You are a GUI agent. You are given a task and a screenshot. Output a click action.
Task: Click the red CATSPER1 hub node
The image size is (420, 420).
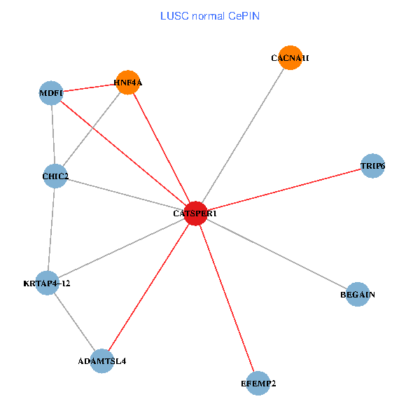click(x=195, y=213)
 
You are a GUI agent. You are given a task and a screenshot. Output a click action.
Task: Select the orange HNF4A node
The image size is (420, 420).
click(x=127, y=83)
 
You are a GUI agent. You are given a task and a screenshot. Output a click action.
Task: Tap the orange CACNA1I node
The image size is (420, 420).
click(x=290, y=58)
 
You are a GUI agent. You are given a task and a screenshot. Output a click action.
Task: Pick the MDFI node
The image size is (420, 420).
click(x=51, y=92)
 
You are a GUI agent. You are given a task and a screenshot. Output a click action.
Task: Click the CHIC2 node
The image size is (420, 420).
click(x=55, y=176)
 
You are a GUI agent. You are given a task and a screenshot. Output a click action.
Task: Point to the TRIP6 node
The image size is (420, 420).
click(x=372, y=166)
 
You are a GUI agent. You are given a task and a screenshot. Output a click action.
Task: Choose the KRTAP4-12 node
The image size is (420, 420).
click(x=47, y=283)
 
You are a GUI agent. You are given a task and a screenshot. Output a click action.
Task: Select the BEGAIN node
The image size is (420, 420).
click(x=357, y=295)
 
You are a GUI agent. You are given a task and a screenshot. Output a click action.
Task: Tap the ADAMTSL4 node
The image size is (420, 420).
click(x=102, y=361)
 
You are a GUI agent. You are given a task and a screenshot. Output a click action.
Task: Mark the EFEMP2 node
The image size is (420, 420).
click(x=258, y=383)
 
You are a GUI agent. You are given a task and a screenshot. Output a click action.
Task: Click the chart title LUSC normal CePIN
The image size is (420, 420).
click(x=210, y=15)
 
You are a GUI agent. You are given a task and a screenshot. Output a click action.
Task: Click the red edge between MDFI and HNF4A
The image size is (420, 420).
click(x=89, y=87)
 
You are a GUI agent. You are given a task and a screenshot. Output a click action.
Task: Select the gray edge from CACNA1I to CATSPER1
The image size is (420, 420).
click(x=243, y=136)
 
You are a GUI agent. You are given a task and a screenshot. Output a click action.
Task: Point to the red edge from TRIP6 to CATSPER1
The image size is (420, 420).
click(x=283, y=190)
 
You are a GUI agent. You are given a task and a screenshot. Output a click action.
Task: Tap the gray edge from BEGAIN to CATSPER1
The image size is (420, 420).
click(x=276, y=254)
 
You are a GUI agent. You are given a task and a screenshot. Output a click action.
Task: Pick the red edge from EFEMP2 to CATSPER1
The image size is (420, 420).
click(x=227, y=298)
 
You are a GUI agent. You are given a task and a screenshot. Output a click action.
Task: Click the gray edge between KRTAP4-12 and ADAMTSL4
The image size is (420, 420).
click(x=74, y=322)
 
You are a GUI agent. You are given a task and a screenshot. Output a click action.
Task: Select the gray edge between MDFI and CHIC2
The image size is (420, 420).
click(x=53, y=134)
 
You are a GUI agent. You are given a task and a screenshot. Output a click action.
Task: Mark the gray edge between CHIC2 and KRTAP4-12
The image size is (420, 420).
click(x=51, y=230)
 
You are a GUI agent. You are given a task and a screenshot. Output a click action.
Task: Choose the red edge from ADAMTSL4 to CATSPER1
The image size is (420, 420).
click(x=148, y=287)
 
